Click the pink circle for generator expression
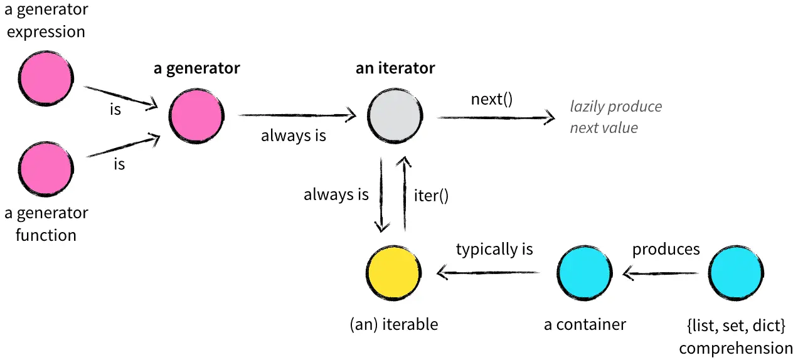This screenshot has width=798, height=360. (x=46, y=78)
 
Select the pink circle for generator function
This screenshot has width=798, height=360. (x=46, y=169)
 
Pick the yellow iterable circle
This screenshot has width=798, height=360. (x=393, y=273)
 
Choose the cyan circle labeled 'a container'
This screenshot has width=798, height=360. (x=585, y=273)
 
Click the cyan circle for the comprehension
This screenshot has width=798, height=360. (x=737, y=273)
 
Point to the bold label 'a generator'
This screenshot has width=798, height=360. (x=196, y=68)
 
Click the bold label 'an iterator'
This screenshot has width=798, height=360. (x=395, y=68)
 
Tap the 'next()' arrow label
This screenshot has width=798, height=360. (x=492, y=99)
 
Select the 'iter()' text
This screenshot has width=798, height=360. (x=432, y=195)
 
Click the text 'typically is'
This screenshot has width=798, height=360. (x=494, y=249)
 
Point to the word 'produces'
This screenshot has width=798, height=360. (x=666, y=249)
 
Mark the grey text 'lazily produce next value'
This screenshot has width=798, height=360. (x=615, y=117)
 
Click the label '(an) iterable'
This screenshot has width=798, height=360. (x=393, y=324)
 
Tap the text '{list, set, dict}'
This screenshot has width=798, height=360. (x=736, y=326)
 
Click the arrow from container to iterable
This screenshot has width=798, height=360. (x=489, y=272)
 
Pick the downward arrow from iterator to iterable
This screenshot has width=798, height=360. (x=381, y=195)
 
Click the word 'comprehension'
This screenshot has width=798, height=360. (x=736, y=348)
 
